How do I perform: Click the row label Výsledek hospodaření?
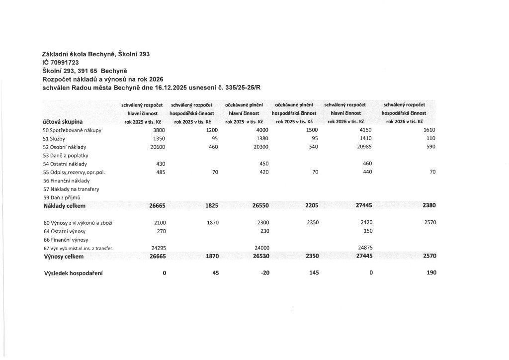73,273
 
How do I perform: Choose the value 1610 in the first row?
429,130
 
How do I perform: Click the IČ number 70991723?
65,62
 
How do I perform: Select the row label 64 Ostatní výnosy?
65,231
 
